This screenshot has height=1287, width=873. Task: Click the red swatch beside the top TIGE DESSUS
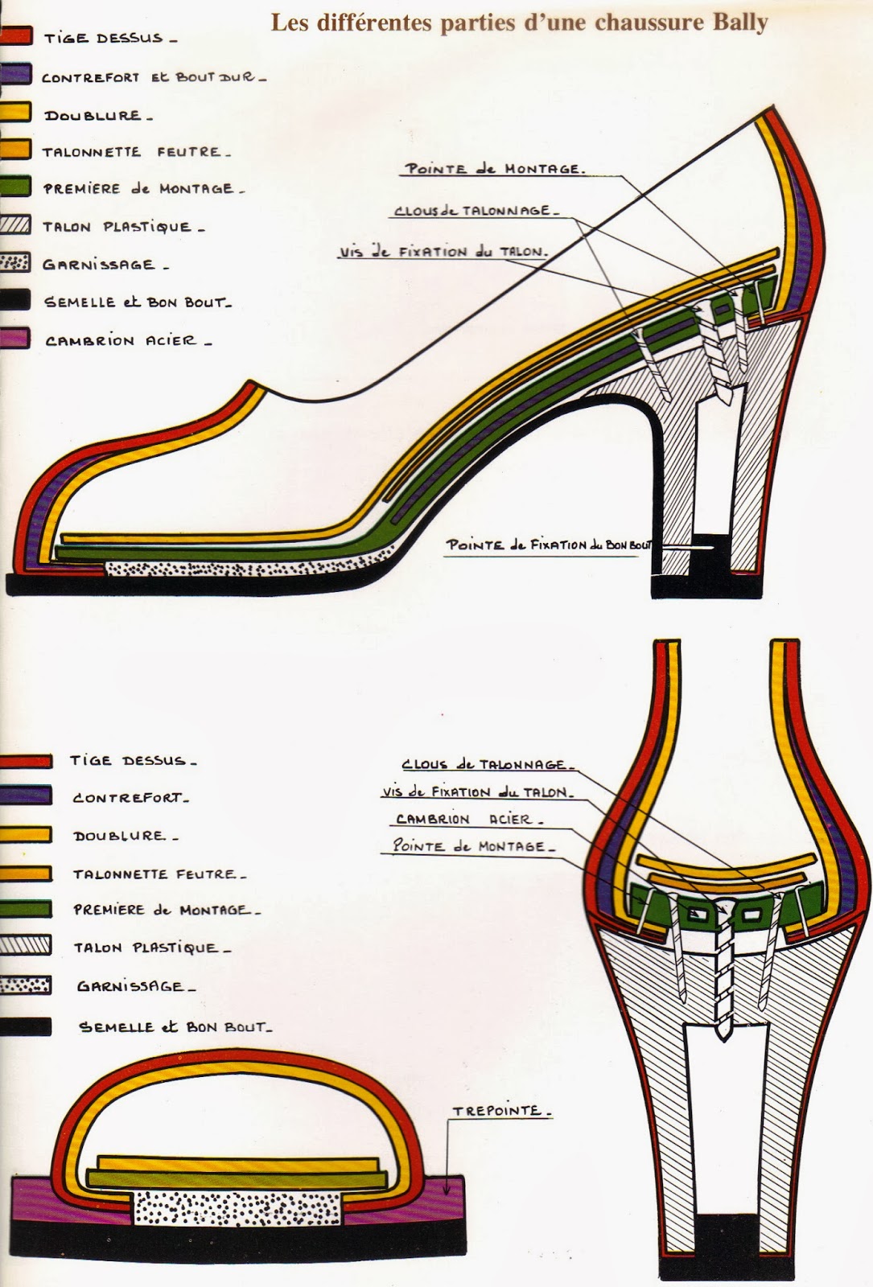pyautogui.click(x=15, y=36)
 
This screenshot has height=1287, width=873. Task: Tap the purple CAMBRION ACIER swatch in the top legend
pyautogui.click(x=14, y=339)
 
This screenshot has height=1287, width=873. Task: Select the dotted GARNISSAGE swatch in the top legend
pyautogui.click(x=14, y=263)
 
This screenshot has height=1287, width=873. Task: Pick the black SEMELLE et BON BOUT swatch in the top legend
pyautogui.click(x=14, y=301)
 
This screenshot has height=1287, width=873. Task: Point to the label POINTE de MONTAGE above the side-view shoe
pyautogui.click(x=494, y=169)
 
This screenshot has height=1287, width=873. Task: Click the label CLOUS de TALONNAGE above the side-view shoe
pyautogui.click(x=474, y=211)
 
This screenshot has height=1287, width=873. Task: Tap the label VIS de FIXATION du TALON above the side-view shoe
pyautogui.click(x=443, y=252)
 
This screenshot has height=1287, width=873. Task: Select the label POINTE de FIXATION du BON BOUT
pyautogui.click(x=549, y=545)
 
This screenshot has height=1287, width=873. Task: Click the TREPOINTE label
pyautogui.click(x=500, y=1111)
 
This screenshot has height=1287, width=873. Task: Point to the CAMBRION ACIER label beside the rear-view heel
pyautogui.click(x=469, y=820)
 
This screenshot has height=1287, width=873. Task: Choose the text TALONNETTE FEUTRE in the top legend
pyautogui.click(x=135, y=152)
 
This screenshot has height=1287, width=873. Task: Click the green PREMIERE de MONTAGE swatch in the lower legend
pyautogui.click(x=26, y=909)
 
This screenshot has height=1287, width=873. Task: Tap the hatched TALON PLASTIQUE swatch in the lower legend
pyautogui.click(x=26, y=946)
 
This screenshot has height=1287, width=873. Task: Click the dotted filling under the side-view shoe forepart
pyautogui.click(x=241, y=567)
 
